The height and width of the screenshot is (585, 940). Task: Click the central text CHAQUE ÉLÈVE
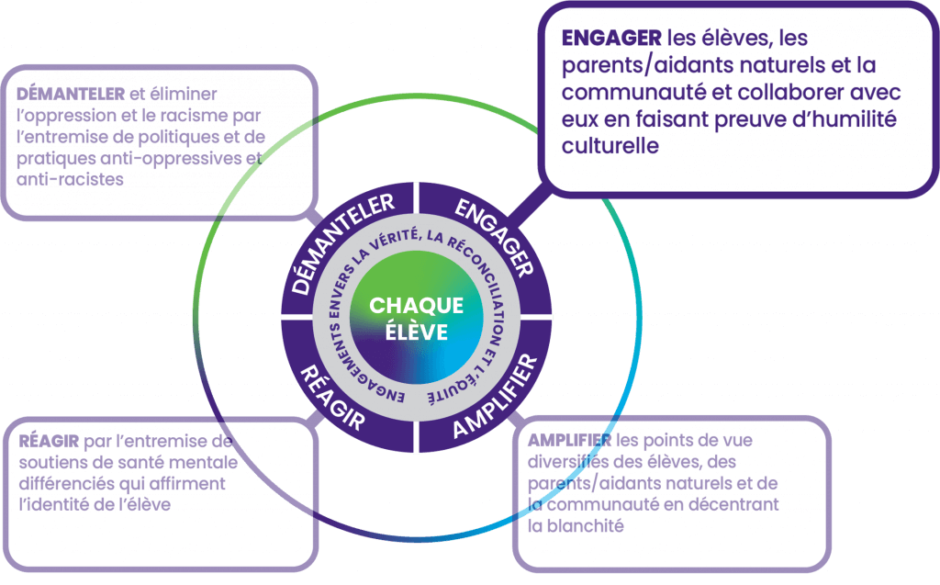(417, 318)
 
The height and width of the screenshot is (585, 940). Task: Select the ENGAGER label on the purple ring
(491, 237)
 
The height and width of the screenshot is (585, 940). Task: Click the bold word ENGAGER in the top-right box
(611, 39)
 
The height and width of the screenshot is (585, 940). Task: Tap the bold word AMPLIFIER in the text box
(570, 440)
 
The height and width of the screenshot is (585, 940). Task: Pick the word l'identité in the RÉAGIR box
(59, 504)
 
